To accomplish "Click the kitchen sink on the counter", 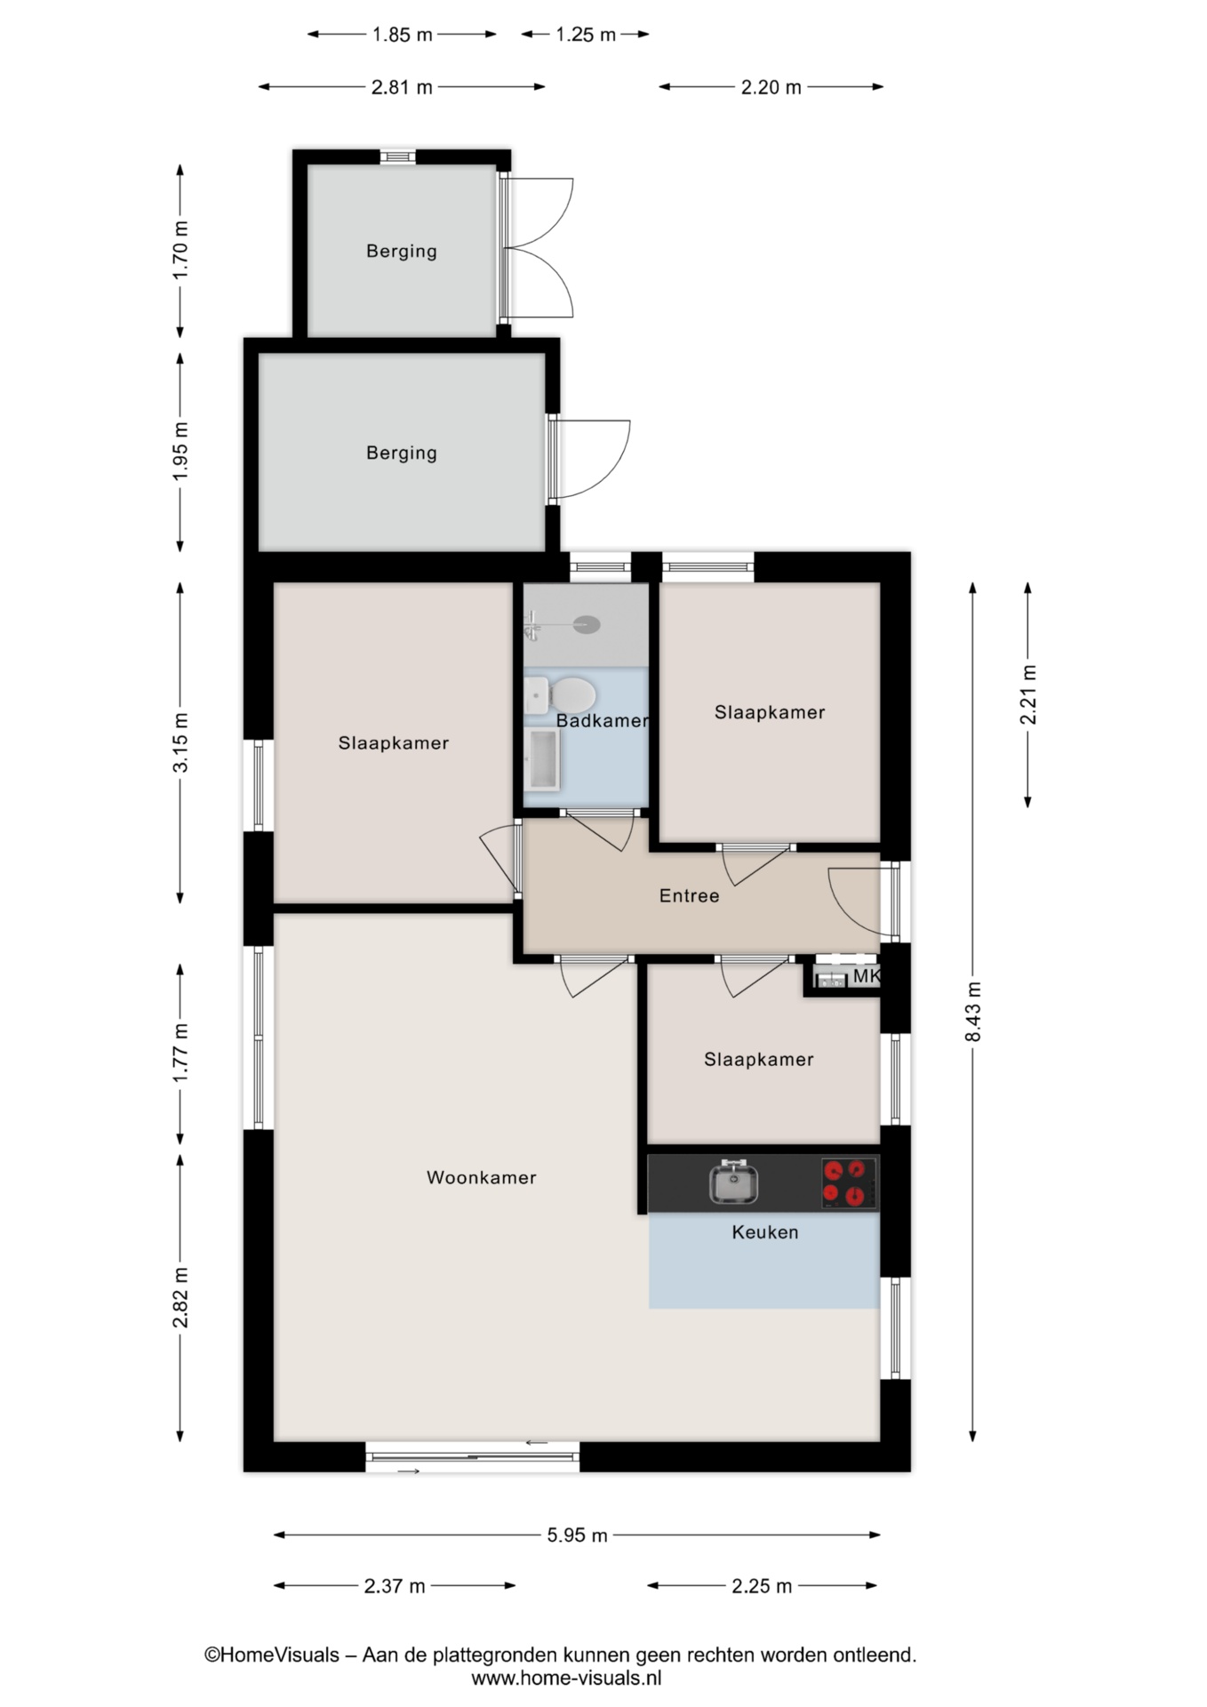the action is point(733,1182).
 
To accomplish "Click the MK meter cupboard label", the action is point(866,976).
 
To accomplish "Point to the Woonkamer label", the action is point(482,1177).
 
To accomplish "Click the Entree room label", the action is point(689,895).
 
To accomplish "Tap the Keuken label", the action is point(765,1232).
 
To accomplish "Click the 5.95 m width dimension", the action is point(578,1535).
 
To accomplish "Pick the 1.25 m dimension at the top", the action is point(586,35).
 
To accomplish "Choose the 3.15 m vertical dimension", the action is point(180,741).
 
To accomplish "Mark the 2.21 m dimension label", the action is point(1028,694).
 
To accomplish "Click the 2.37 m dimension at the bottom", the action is point(395,1585).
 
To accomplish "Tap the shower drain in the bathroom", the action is point(586,625).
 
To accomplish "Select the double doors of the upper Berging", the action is point(537,247).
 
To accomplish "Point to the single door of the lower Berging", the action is point(588,459).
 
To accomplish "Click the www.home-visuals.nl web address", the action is point(566,1679).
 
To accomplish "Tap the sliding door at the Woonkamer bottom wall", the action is point(473,1456).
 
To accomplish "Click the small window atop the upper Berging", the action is point(398,157).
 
